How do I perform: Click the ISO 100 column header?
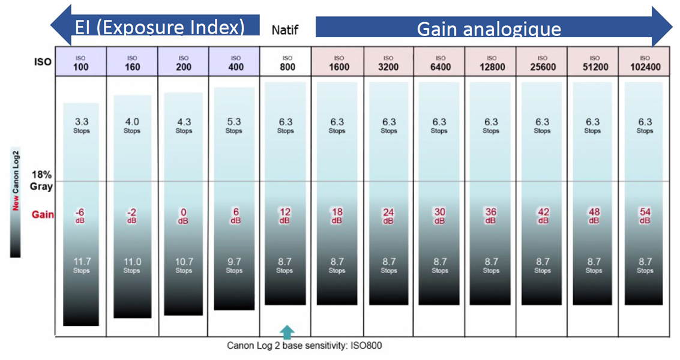point(80,63)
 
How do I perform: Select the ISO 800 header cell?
point(287,63)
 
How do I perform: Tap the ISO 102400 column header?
point(645,63)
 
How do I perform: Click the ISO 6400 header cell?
point(440,63)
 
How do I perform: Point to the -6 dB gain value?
point(80,215)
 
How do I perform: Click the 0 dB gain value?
point(184,215)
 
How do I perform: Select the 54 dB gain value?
point(645,215)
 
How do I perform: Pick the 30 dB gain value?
point(440,215)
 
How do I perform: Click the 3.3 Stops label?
point(81,125)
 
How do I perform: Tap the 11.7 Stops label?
point(81,265)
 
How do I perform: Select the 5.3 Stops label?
point(234,125)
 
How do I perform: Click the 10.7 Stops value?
point(184,265)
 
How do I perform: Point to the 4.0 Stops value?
point(132,125)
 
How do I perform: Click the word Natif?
point(284,29)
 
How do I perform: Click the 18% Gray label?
point(41,180)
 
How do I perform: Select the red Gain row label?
point(43,214)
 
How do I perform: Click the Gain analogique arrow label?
point(489,29)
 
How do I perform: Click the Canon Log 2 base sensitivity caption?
point(304,346)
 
